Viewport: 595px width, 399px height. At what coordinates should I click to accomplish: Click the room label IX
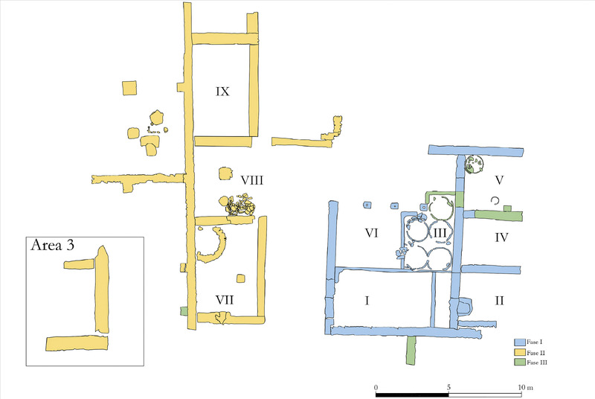point(222,92)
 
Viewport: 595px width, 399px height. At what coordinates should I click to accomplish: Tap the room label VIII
point(252,180)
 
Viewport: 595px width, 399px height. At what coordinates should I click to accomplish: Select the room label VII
point(225,300)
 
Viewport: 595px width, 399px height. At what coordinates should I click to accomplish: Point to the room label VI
point(371,233)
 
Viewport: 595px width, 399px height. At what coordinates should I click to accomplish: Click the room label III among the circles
point(440,232)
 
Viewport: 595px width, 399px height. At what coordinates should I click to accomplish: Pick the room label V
point(499,180)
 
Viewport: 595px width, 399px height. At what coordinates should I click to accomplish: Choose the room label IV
point(501,237)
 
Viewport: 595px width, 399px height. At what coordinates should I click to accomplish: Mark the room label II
point(499,301)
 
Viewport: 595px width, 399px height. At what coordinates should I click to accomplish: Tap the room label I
point(367,301)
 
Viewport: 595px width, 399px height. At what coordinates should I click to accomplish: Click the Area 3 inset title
point(52,245)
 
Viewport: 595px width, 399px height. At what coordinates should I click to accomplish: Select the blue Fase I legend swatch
point(519,342)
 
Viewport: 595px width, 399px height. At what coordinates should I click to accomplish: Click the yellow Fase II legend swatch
point(519,352)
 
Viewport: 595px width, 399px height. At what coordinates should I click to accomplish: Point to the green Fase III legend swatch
point(519,363)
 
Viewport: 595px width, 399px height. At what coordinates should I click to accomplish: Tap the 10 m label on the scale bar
point(526,387)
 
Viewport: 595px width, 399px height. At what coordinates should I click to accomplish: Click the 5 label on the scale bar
point(448,387)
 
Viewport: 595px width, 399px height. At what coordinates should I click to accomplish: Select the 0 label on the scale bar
point(376,387)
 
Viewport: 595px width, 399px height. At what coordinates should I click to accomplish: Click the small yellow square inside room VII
point(240,278)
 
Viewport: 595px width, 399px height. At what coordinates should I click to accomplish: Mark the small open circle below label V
point(495,201)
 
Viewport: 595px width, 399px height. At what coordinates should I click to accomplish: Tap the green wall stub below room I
point(411,350)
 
